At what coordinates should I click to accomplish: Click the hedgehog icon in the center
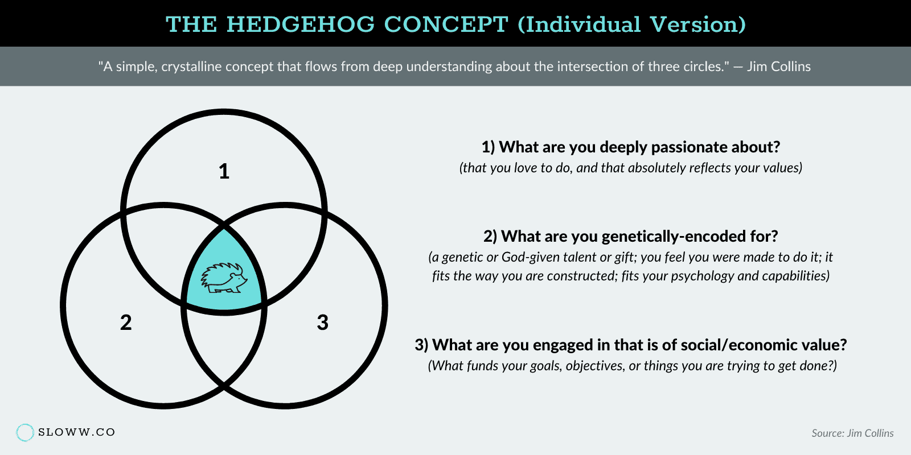click(x=224, y=278)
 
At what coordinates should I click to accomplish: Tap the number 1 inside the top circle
click(x=224, y=171)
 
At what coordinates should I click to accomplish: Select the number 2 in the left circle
click(x=126, y=322)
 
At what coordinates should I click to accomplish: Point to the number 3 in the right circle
click(x=322, y=322)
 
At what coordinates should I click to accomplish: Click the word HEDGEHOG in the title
click(x=301, y=24)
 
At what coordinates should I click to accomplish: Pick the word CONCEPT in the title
click(x=446, y=24)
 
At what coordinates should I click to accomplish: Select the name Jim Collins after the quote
click(x=778, y=67)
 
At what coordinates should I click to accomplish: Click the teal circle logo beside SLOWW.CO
click(x=25, y=432)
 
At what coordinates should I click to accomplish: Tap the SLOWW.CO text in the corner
click(x=77, y=432)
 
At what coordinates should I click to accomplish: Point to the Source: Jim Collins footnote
click(x=852, y=433)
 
